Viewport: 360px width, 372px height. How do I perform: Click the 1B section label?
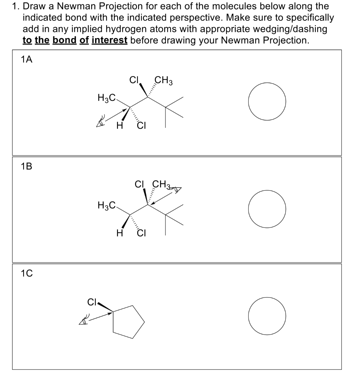click(26, 167)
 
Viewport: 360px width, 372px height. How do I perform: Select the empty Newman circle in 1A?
click(267, 102)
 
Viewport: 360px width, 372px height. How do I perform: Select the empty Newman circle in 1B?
click(267, 209)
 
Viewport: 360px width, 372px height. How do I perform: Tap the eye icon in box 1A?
click(100, 122)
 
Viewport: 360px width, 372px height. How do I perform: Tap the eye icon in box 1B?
click(177, 189)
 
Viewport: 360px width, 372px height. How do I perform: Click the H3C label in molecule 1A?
click(106, 97)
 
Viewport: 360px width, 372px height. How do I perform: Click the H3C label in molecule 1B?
click(106, 205)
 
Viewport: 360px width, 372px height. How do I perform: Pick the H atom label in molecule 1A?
click(118, 126)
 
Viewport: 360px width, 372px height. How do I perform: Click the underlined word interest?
click(109, 40)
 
